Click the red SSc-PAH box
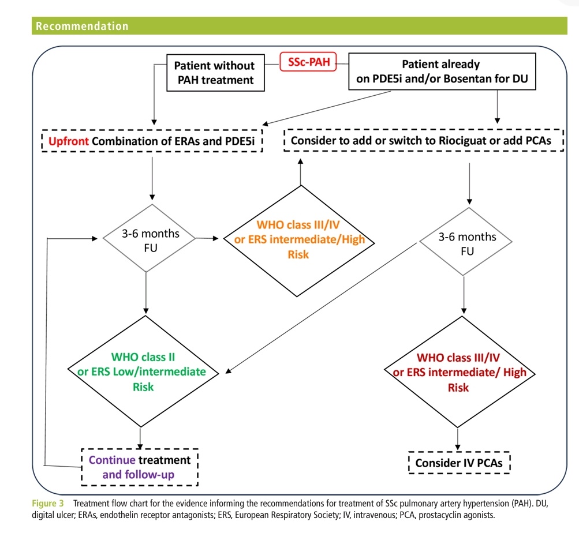[308, 62]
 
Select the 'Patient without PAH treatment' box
[214, 73]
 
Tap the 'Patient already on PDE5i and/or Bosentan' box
[441, 73]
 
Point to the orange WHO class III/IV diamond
[298, 239]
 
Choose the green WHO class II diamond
[143, 371]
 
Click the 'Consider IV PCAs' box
[459, 463]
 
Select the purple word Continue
[113, 460]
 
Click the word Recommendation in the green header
[82, 26]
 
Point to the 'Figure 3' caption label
[52, 504]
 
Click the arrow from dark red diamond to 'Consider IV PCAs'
[458, 437]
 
